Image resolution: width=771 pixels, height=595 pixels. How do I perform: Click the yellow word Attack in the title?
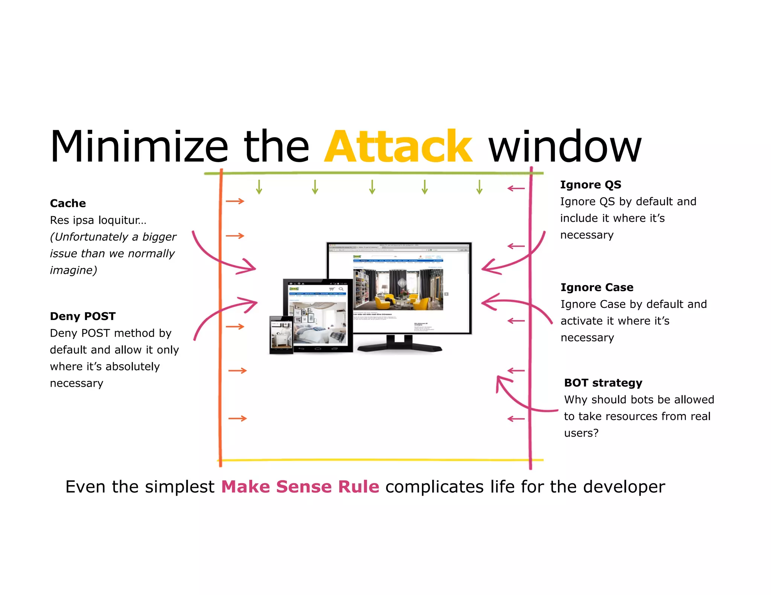(398, 147)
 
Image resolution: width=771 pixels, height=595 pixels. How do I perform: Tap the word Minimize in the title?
(139, 147)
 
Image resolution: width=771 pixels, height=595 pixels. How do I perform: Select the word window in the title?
(565, 147)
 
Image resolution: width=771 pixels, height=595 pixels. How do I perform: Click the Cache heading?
(68, 203)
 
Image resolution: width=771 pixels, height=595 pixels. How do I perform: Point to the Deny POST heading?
(82, 316)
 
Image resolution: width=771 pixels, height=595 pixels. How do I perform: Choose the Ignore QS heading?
(590, 185)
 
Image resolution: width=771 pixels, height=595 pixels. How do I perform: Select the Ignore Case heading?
(597, 287)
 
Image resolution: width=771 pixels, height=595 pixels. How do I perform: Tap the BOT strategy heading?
(603, 383)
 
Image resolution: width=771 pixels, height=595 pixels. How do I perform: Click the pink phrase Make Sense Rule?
(300, 487)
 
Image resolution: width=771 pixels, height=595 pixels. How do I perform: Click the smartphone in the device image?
(281, 335)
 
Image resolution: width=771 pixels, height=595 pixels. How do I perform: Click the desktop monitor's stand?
(399, 344)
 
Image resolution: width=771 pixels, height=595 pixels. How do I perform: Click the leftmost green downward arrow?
(259, 187)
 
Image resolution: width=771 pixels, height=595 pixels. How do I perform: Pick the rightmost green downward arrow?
(479, 187)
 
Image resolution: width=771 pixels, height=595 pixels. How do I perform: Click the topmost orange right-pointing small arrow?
(235, 201)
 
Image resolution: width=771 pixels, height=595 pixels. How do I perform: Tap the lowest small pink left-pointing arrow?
(516, 419)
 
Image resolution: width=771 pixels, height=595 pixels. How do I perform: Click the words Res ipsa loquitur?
(98, 220)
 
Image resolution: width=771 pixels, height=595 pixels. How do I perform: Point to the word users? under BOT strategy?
(581, 433)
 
